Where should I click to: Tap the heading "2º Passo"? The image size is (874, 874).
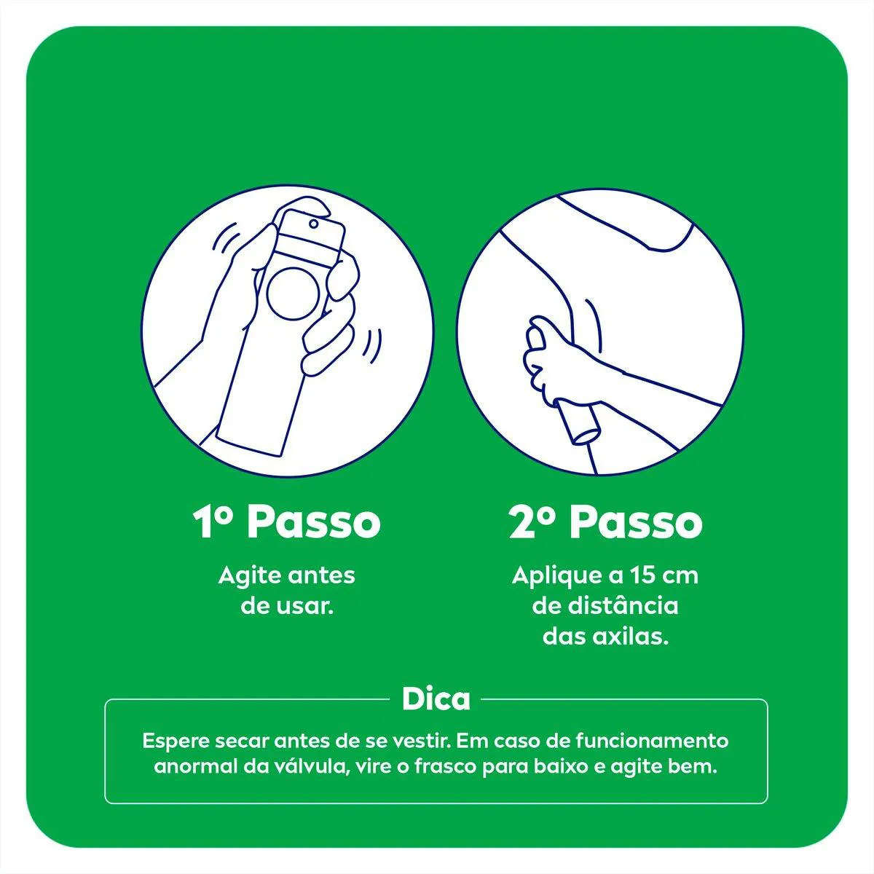[x=605, y=522]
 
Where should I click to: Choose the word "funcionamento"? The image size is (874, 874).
[x=652, y=741]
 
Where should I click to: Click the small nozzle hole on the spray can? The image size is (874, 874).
[x=313, y=224]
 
